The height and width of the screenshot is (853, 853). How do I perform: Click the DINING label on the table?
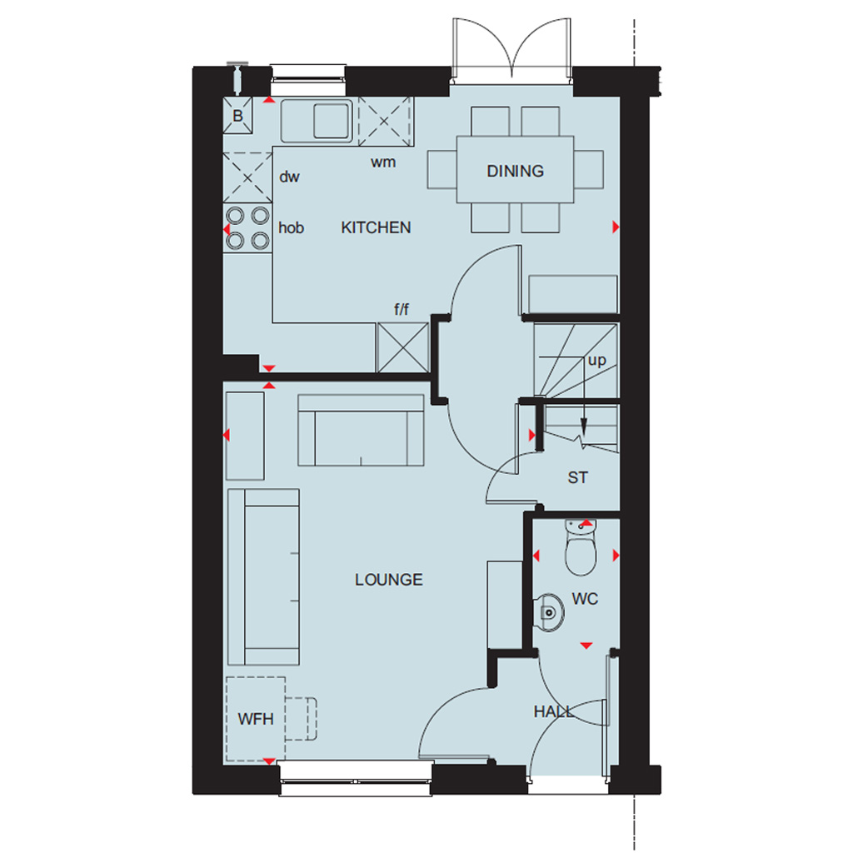515,171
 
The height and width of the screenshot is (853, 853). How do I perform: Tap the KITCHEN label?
376,227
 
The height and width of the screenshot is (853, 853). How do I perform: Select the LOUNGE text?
389,580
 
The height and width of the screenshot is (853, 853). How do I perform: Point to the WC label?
585,598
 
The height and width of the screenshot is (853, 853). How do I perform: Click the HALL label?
553,711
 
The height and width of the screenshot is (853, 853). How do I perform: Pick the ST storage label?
578,477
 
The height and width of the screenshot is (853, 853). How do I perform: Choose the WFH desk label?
256,719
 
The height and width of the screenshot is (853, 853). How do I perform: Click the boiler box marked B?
237,115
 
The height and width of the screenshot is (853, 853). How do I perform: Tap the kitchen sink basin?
331,120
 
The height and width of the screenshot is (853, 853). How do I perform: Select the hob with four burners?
247,227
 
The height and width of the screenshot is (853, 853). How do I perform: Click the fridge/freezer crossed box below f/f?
402,347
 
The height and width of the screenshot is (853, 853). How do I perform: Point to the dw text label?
289,177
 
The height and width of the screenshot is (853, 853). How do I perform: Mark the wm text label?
383,162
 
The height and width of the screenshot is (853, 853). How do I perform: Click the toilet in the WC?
581,547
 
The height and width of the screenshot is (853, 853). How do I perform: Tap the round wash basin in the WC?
549,612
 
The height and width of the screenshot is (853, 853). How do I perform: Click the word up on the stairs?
596,360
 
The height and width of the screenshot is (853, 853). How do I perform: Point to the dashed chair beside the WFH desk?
301,719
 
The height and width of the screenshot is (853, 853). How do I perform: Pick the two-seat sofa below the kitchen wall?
361,431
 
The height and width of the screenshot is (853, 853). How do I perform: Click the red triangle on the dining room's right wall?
616,227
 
